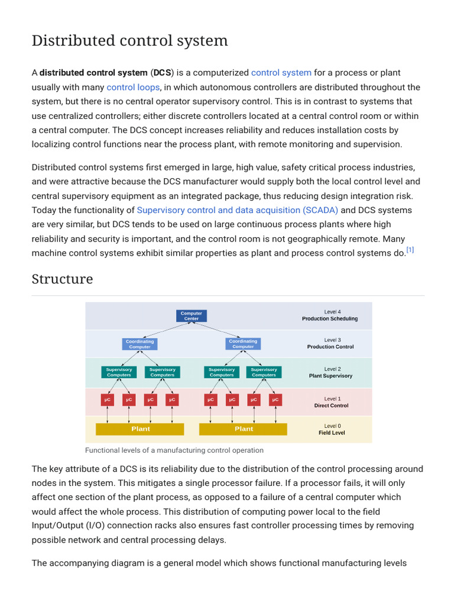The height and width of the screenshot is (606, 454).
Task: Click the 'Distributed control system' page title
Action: tap(129, 41)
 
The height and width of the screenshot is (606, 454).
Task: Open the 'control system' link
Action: tap(281, 73)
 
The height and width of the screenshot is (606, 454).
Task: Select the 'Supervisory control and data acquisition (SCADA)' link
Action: tap(238, 210)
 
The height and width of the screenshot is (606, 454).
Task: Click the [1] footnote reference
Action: tap(410, 250)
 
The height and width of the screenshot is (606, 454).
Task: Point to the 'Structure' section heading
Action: tap(62, 279)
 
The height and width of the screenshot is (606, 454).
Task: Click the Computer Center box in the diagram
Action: tap(191, 316)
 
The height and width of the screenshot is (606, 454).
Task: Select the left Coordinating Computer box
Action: tap(140, 344)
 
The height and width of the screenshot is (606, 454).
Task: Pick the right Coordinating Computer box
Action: tap(243, 344)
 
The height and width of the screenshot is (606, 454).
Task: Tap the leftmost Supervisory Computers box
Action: tap(119, 372)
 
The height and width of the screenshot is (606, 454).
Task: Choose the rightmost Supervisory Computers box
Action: tap(264, 372)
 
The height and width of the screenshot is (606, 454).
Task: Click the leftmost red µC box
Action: tap(108, 400)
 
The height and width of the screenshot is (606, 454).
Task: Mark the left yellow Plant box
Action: tap(140, 429)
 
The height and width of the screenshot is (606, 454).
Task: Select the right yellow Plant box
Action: tap(244, 429)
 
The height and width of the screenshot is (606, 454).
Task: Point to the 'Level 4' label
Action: tap(332, 312)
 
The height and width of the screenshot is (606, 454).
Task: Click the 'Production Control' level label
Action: tap(330, 347)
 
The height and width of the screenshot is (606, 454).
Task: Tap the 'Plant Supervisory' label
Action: tap(330, 376)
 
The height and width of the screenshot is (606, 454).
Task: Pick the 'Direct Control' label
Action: tap(331, 405)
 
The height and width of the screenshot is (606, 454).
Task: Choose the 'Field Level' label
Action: tap(332, 433)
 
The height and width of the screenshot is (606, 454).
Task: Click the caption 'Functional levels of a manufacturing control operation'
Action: tap(174, 450)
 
